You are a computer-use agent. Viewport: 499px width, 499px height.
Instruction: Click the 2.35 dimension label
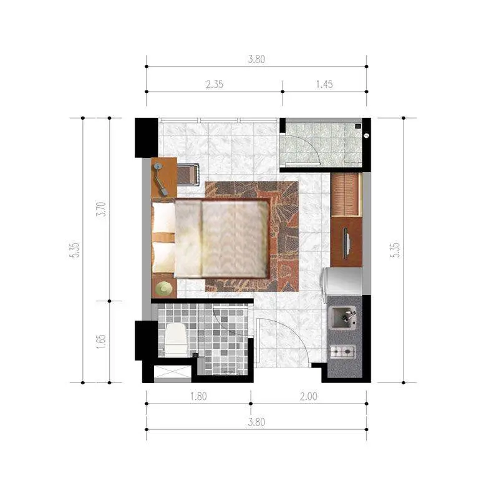[215, 84]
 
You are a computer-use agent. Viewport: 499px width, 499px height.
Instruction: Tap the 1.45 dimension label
[324, 84]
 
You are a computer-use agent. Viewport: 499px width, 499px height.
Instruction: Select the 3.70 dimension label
[101, 209]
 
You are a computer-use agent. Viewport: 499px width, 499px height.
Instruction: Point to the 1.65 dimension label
[101, 341]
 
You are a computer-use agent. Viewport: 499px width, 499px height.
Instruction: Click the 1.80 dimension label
[198, 397]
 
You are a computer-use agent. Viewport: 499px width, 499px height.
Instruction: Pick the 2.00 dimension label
[308, 397]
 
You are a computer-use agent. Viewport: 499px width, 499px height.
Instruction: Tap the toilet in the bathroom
[175, 339]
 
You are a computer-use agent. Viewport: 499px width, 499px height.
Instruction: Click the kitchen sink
[344, 317]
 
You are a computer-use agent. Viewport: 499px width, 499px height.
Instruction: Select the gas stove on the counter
[342, 352]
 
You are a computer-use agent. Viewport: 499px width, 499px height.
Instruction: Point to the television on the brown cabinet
[347, 243]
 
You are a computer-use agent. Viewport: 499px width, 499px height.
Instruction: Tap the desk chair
[188, 175]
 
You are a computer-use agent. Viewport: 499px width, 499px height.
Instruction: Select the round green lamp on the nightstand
[164, 289]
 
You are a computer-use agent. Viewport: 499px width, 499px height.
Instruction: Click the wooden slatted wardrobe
[346, 195]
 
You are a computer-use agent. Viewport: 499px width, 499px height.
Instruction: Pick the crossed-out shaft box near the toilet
[173, 372]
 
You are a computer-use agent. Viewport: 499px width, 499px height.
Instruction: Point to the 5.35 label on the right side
[395, 250]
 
